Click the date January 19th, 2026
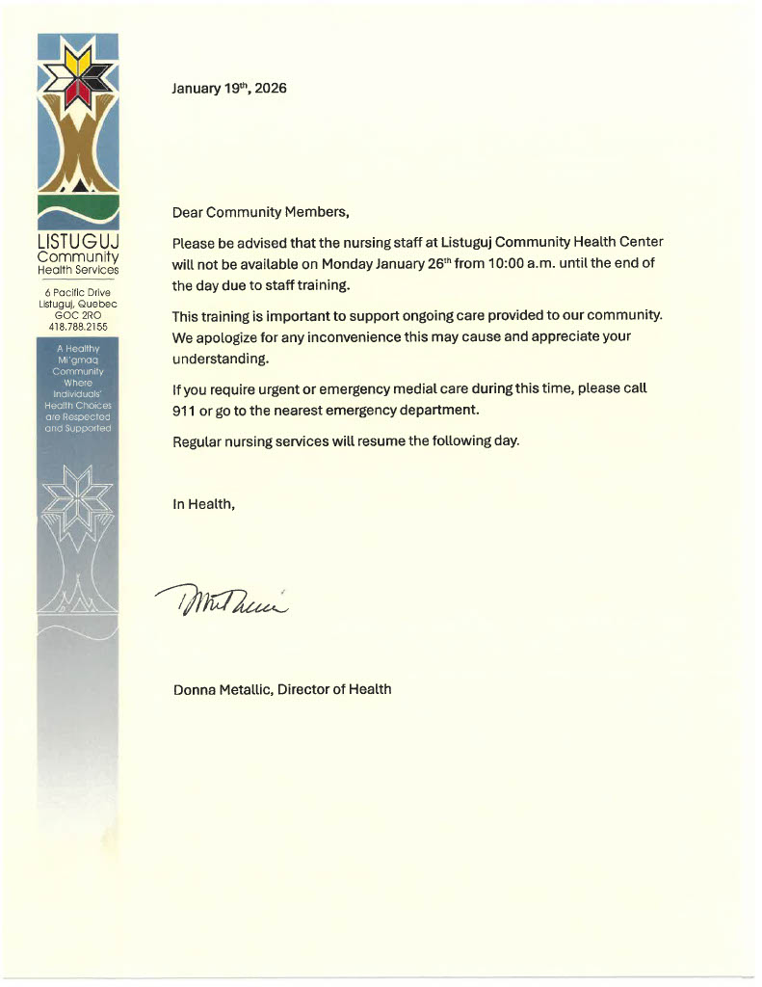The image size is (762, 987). [228, 89]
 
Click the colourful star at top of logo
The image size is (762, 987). [77, 75]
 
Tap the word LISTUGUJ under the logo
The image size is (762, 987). [77, 241]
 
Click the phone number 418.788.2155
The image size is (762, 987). [77, 327]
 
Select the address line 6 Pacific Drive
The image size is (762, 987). [77, 292]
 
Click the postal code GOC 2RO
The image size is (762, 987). [77, 315]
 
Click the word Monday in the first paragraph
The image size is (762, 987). [348, 263]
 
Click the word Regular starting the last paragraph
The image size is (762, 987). [198, 441]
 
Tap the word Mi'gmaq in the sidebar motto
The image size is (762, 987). [77, 360]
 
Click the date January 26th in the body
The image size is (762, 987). [411, 263]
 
